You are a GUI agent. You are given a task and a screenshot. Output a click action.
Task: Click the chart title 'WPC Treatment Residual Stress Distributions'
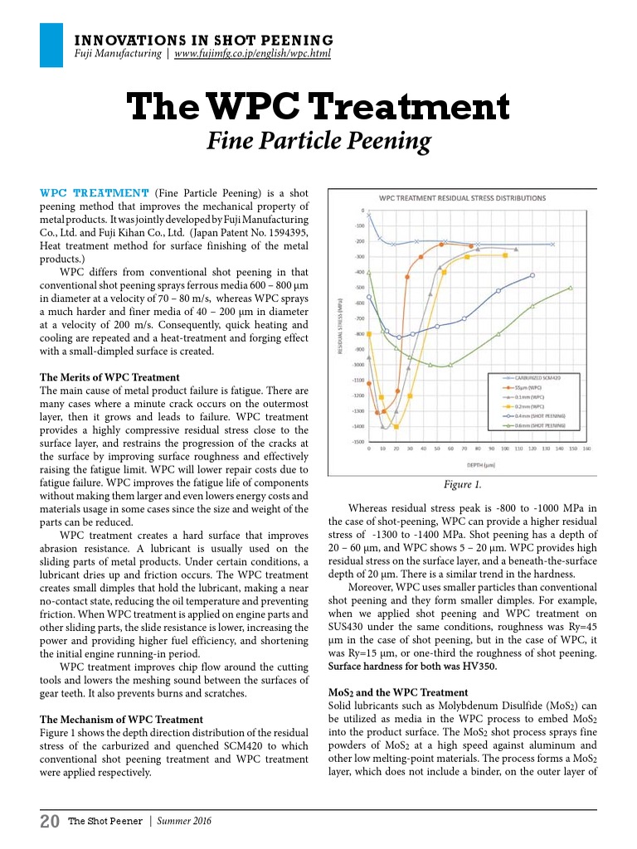pos(462,198)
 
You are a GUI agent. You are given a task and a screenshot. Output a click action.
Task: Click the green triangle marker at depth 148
pos(571,288)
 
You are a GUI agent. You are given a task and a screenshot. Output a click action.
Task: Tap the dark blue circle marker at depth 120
pos(532,274)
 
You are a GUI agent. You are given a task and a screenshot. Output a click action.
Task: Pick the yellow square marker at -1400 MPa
pos(396,427)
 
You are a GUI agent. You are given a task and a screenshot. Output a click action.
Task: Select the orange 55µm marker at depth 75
pos(471,245)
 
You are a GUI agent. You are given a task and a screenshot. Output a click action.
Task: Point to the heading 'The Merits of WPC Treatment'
pos(109,377)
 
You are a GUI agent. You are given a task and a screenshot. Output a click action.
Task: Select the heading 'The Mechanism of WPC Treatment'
pos(121,719)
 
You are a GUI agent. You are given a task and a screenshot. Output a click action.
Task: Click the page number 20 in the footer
pos(49,822)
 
